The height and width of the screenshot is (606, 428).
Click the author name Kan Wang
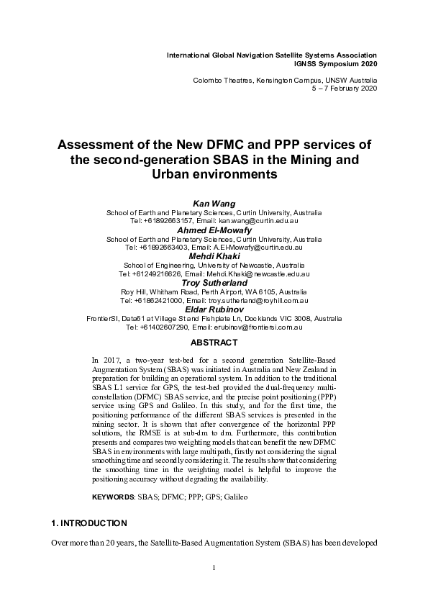(x=214, y=204)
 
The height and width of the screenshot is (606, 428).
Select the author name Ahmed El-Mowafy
(x=214, y=230)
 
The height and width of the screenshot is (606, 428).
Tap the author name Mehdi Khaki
(x=214, y=255)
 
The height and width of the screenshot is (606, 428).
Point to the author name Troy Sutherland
(x=214, y=282)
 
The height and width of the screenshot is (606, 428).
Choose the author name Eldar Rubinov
(x=214, y=308)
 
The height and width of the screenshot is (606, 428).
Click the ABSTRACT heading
(x=214, y=342)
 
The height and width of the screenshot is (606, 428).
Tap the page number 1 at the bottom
(x=214, y=588)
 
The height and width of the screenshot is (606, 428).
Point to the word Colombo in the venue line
(x=208, y=79)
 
